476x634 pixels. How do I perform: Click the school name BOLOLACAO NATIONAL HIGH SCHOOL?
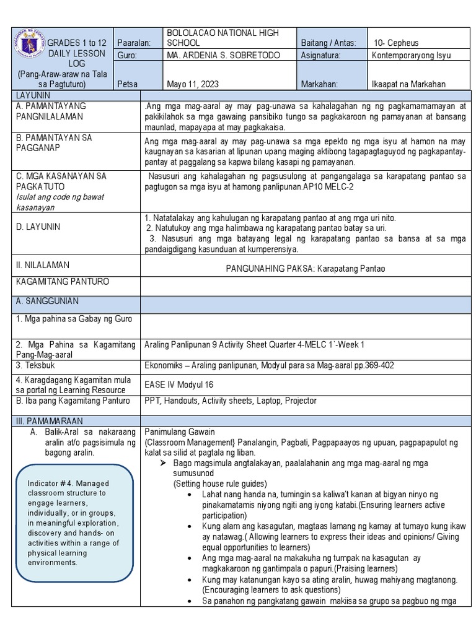(223, 38)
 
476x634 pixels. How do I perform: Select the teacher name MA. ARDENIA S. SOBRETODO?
(224, 56)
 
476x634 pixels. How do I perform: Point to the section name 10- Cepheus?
(397, 43)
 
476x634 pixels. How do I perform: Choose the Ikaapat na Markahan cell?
(408, 84)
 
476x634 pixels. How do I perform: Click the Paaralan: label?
(134, 43)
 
